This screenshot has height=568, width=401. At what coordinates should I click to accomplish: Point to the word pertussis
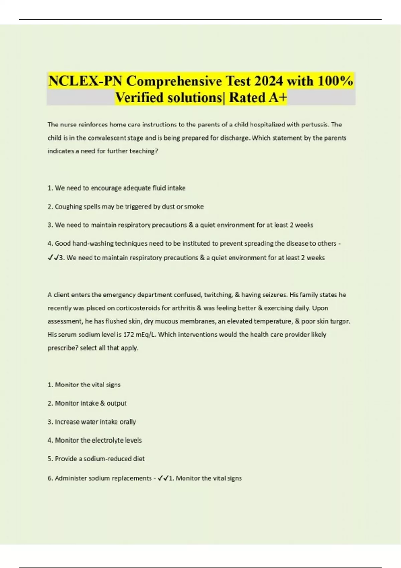click(314, 125)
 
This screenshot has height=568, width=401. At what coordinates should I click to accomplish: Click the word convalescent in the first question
click(107, 138)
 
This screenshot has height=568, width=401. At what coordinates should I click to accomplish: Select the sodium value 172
click(129, 334)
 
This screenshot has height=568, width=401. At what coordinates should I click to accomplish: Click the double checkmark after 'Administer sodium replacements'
click(163, 478)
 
